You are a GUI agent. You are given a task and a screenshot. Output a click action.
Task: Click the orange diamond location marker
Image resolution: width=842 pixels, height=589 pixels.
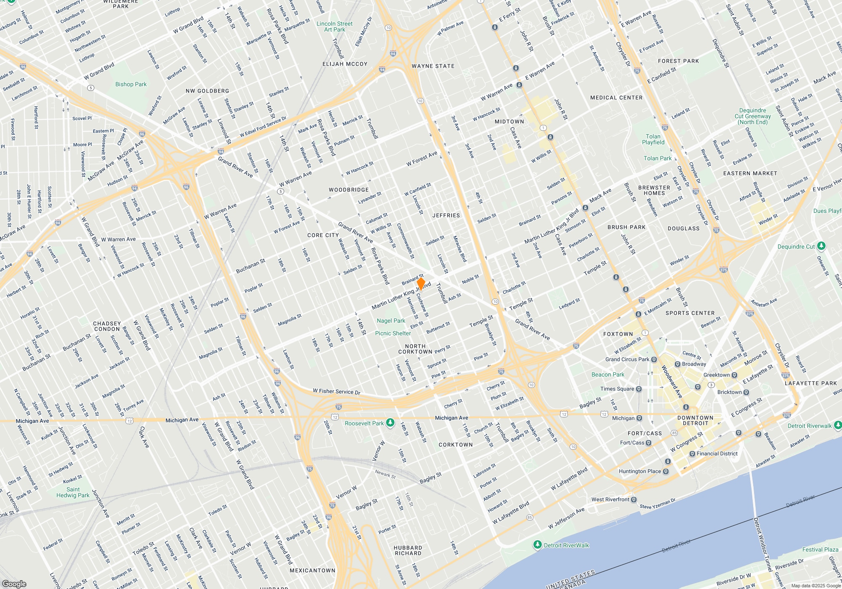tap(421, 283)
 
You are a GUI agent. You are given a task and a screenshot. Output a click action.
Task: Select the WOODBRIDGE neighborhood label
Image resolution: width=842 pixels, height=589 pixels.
tap(349, 190)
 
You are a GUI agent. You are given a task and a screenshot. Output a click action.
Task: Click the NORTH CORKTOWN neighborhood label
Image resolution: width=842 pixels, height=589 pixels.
tap(415, 349)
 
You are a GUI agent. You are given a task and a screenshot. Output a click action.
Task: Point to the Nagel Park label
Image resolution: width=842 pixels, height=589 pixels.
tap(391, 321)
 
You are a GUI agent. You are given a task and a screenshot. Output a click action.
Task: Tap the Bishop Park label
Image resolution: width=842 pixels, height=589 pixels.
tap(131, 84)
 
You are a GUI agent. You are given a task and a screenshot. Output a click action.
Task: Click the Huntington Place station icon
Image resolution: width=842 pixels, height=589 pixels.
tap(666, 471)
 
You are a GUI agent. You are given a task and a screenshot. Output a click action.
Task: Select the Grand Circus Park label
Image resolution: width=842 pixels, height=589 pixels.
tap(627, 359)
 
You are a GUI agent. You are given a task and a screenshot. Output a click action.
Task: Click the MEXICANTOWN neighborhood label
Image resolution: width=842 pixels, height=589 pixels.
tap(312, 570)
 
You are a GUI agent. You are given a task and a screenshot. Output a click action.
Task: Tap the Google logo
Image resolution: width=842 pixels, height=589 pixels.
tap(14, 584)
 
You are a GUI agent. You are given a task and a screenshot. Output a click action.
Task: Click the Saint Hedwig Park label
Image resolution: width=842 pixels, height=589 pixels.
tap(73, 492)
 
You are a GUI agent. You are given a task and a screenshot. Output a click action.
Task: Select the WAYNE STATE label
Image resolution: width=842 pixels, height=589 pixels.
tap(433, 66)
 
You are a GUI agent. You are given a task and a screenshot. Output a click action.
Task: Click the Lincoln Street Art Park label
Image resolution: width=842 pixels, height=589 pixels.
tap(335, 27)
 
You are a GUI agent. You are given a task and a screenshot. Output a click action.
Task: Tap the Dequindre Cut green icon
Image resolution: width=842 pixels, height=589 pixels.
tap(821, 246)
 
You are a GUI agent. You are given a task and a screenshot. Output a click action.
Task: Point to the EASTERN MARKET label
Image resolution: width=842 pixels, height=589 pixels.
tap(750, 173)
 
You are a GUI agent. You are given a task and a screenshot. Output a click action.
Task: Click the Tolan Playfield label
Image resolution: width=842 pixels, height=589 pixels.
tap(653, 139)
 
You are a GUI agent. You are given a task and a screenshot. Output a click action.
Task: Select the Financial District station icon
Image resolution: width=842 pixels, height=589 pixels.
tap(692, 454)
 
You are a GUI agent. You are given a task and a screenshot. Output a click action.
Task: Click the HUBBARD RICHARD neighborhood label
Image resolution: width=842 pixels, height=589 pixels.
tap(408, 550)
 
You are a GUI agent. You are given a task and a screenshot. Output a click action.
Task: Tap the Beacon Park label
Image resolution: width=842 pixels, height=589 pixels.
tap(608, 374)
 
